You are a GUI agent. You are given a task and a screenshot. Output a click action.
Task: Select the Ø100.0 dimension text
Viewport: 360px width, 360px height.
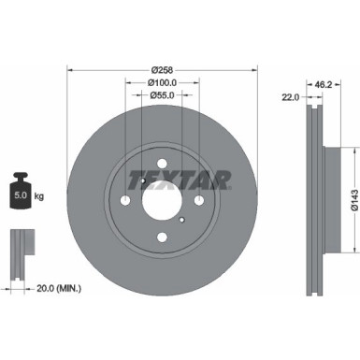coord(162,82)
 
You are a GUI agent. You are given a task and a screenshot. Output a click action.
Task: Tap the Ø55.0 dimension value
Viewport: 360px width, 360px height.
coord(162,96)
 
